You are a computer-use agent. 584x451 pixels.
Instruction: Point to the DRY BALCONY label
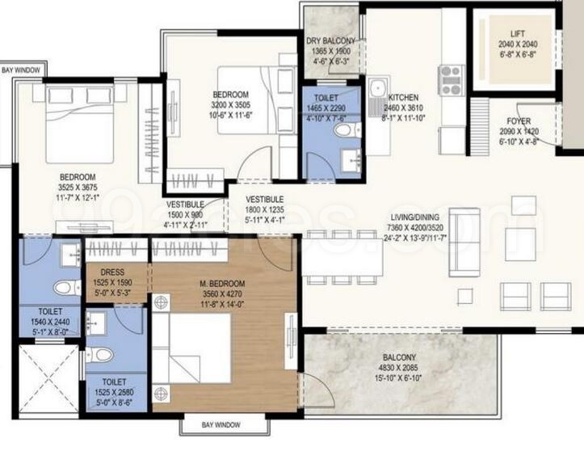[x=330, y=41]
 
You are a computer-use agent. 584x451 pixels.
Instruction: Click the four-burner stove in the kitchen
[x=450, y=78]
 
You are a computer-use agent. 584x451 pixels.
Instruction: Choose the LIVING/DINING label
[x=415, y=217]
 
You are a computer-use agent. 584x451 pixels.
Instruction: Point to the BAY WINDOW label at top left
[x=19, y=70]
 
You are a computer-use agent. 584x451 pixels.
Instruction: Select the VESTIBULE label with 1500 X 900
[x=185, y=215]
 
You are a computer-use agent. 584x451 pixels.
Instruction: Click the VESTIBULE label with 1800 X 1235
[x=264, y=209]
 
